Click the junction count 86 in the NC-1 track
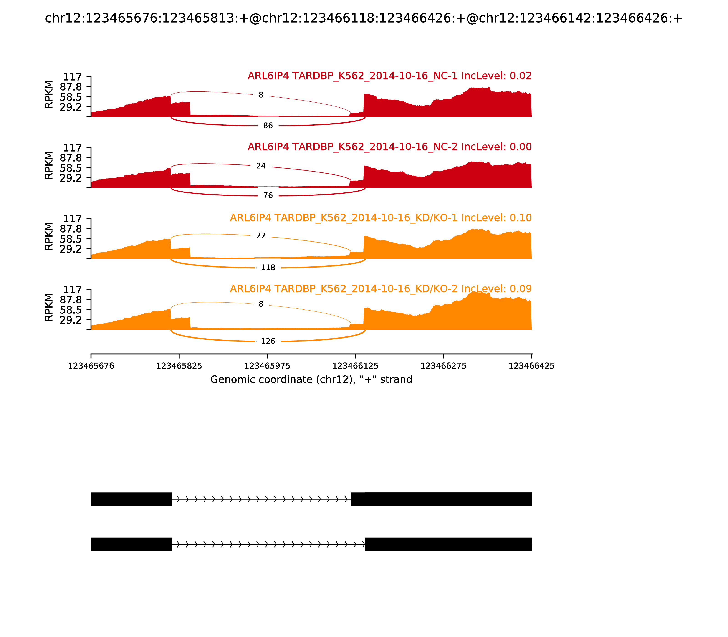click(x=268, y=126)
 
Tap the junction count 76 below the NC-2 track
click(x=268, y=195)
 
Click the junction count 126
click(x=268, y=341)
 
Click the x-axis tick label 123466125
click(x=355, y=366)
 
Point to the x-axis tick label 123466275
click(x=443, y=366)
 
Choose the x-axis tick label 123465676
click(x=91, y=366)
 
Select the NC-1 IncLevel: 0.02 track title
click(x=389, y=76)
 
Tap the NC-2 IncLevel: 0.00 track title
click(x=389, y=147)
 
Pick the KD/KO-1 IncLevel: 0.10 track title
click(x=380, y=218)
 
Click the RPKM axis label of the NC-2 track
click(x=49, y=166)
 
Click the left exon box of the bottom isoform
click(x=131, y=544)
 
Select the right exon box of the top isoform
click(x=442, y=499)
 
